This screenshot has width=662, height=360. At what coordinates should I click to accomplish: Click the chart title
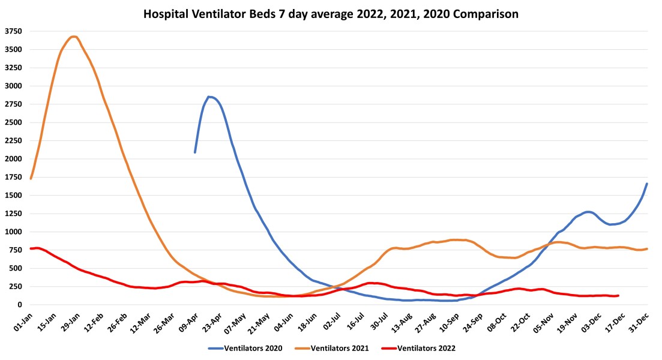click(331, 13)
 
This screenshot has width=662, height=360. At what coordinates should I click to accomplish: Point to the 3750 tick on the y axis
click(13, 31)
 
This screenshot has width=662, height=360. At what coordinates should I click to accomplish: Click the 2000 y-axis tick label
click(13, 159)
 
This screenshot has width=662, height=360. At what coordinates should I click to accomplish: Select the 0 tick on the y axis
click(19, 305)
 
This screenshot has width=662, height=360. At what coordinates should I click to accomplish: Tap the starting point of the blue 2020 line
click(195, 152)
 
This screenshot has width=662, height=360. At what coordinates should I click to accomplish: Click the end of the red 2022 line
click(618, 295)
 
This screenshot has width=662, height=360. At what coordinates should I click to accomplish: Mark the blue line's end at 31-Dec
click(647, 184)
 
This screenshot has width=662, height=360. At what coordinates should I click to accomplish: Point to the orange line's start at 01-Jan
click(31, 178)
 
